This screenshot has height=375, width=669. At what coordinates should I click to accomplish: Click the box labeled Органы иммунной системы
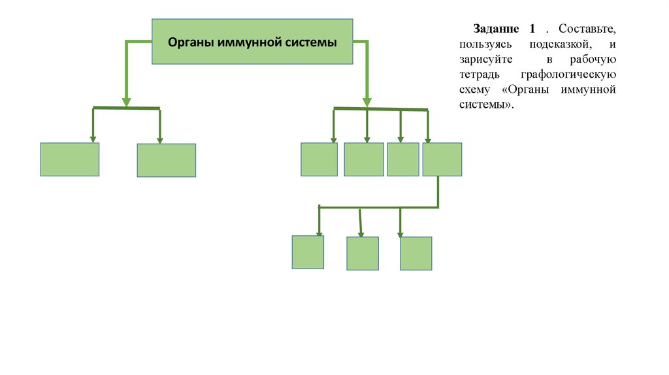(252, 41)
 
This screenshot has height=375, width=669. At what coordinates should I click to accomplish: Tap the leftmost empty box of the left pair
(70, 159)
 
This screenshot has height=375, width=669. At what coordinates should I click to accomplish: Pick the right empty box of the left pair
(166, 160)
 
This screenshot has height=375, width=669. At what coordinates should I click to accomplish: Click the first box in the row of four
(319, 159)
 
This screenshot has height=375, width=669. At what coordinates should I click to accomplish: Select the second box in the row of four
(364, 159)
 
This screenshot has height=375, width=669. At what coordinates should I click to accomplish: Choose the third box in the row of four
(402, 159)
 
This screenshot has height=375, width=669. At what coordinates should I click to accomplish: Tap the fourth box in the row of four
(442, 159)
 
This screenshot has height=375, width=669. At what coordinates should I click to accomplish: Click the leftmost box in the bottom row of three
(308, 252)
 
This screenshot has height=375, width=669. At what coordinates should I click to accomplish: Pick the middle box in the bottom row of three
(363, 253)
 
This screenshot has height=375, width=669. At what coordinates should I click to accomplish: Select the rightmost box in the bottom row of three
(416, 253)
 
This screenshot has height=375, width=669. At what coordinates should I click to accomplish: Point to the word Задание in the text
(497, 30)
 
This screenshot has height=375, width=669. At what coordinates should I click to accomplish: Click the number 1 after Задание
(532, 30)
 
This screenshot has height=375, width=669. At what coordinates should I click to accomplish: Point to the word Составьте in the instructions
(587, 30)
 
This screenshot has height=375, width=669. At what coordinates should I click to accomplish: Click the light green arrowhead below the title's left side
(125, 102)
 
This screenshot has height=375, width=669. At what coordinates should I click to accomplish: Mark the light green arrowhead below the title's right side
(367, 102)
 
